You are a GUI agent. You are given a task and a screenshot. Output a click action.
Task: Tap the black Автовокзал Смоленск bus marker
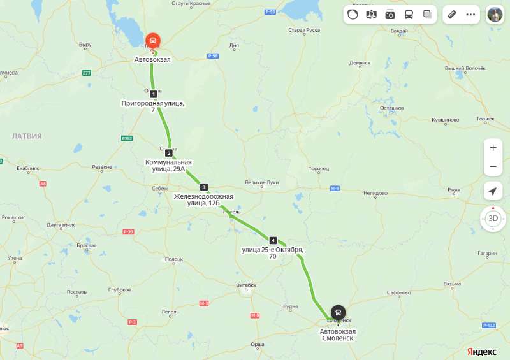(338, 313)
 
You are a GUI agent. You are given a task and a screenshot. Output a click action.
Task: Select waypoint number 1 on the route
(153, 94)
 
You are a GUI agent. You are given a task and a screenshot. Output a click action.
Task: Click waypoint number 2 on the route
(168, 153)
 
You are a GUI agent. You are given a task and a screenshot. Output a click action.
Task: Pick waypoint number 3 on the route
(203, 187)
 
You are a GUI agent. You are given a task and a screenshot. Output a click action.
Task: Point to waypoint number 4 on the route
(273, 240)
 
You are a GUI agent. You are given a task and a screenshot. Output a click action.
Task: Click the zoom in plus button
(493, 148)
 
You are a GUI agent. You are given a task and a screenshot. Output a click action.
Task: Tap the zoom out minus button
(493, 167)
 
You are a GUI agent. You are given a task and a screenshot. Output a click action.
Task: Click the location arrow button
(493, 191)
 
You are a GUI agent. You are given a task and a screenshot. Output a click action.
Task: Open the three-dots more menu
(471, 14)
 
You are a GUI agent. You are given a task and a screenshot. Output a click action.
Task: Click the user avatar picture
(495, 14)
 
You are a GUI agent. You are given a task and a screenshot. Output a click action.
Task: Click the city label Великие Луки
(263, 183)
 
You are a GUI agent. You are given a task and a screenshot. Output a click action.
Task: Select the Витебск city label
(245, 285)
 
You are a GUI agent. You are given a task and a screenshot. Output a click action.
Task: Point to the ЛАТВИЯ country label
(27, 136)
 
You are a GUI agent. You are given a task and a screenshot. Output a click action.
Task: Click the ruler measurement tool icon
(452, 14)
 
